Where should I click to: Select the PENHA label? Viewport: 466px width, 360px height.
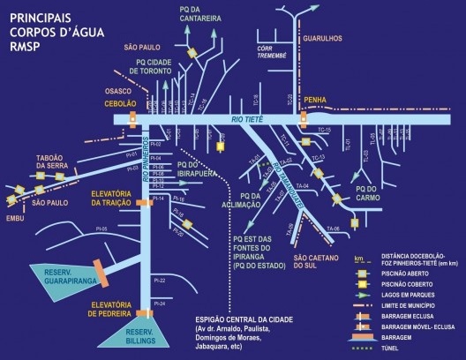(x=316, y=101)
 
